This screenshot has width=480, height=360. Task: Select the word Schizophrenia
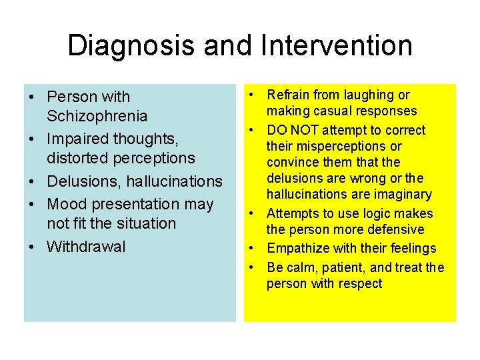(x=97, y=117)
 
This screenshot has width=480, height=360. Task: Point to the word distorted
(x=78, y=159)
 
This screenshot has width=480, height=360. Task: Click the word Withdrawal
(x=86, y=247)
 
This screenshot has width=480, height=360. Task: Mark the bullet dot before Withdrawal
(x=32, y=247)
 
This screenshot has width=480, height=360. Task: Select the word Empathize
(x=296, y=249)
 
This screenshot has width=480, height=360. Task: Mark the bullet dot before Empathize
(x=254, y=249)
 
